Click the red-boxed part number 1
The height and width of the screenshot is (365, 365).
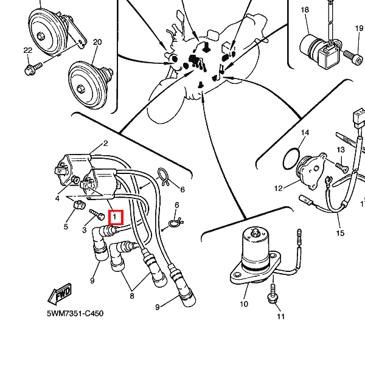pos(115,217)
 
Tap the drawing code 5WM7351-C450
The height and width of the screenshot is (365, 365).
pos(75,314)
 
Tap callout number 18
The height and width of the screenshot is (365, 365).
pos(305,10)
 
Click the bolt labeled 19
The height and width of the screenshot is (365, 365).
pos(352,55)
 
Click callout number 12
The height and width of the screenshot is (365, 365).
pos(279,189)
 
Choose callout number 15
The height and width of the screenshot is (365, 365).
pos(340,233)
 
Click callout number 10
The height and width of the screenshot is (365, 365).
pos(243,304)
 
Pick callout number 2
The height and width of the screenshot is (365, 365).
pos(105,144)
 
